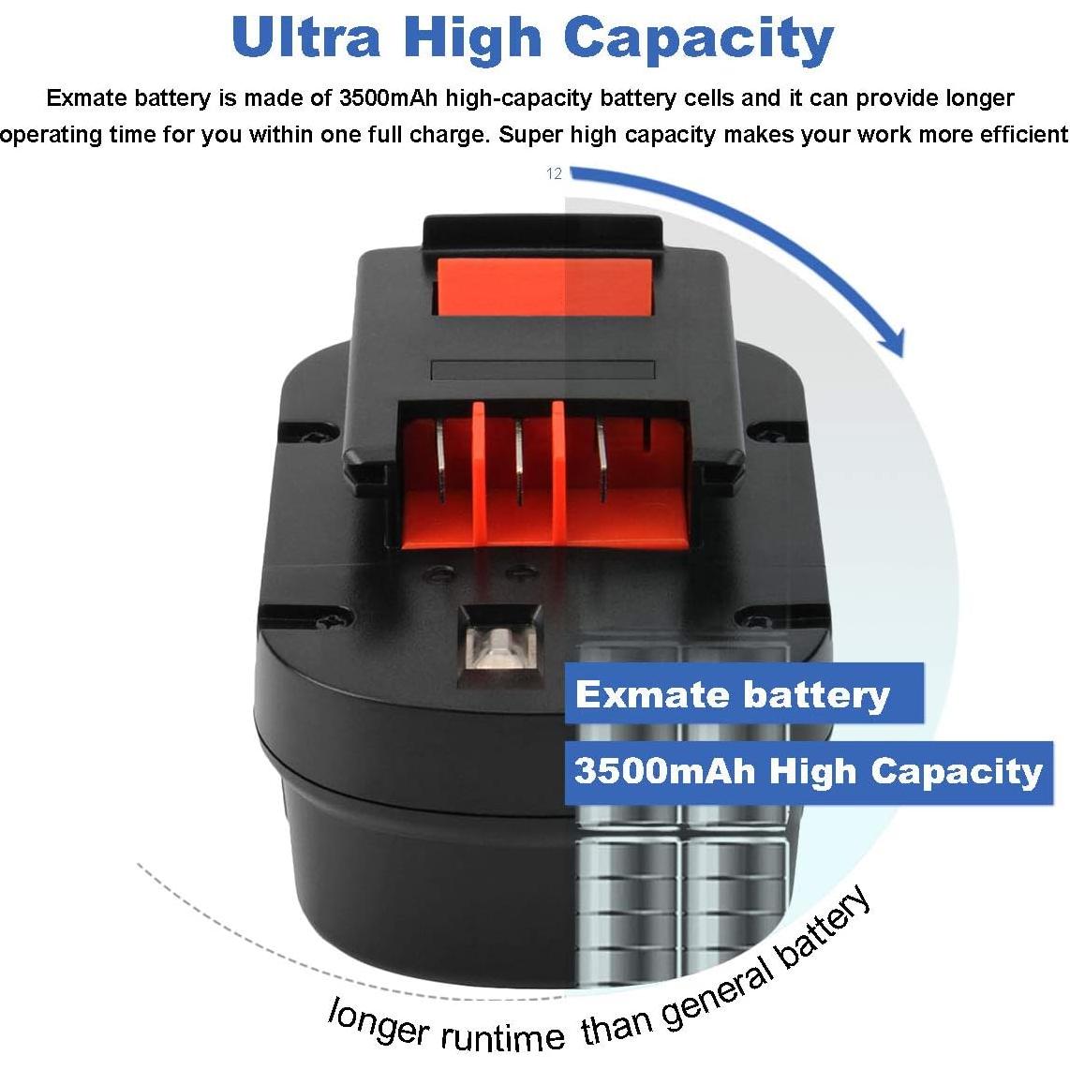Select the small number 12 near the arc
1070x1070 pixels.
[554, 173]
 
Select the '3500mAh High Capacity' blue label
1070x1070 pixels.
[808, 771]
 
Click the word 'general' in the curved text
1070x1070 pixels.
[720, 984]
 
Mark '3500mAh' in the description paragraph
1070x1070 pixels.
[383, 97]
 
